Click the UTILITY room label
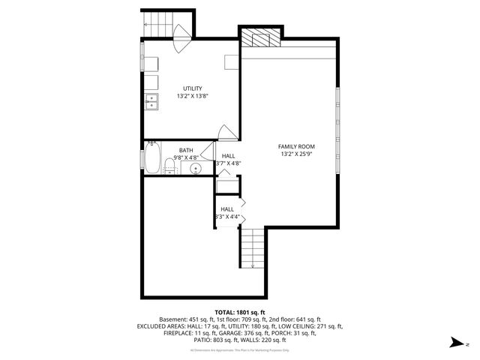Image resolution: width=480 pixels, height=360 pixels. point(192,88)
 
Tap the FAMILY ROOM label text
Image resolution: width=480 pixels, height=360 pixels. point(296,146)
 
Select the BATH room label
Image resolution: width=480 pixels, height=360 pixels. point(185,150)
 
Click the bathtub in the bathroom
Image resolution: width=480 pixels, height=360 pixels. point(152,158)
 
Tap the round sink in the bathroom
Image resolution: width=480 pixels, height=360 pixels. point(196,169)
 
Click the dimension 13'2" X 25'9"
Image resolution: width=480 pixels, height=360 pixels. point(296,155)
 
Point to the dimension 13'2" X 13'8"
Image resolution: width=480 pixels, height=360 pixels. point(192,97)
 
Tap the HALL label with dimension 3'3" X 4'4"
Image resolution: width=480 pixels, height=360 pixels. point(227,210)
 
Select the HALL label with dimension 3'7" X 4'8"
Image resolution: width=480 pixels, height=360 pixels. point(228,156)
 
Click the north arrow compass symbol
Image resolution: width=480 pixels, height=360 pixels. point(454,342)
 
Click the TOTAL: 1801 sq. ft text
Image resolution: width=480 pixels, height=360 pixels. point(240,312)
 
